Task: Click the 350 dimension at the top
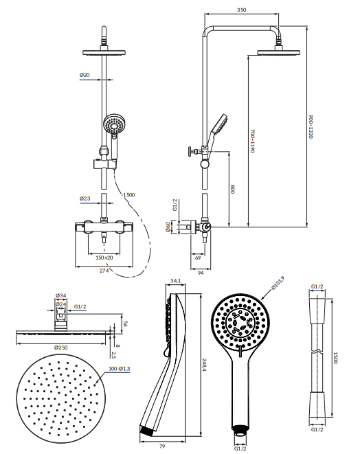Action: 241,10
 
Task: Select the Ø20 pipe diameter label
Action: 85,75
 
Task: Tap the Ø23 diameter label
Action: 85,198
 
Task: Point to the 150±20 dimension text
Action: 104,258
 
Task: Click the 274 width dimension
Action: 104,271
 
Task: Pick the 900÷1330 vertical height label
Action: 311,126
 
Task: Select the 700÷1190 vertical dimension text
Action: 252,141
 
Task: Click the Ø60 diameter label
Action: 168,227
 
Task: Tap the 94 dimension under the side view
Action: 201,273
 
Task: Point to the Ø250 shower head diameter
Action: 61,348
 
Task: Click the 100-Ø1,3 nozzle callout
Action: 120,369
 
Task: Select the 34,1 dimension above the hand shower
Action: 175,280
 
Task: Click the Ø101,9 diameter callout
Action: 278,283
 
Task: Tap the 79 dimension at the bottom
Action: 162,446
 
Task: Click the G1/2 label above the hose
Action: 317,286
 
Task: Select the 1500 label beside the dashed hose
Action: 129,194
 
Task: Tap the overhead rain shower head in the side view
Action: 278,52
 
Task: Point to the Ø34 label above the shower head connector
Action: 61,295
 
